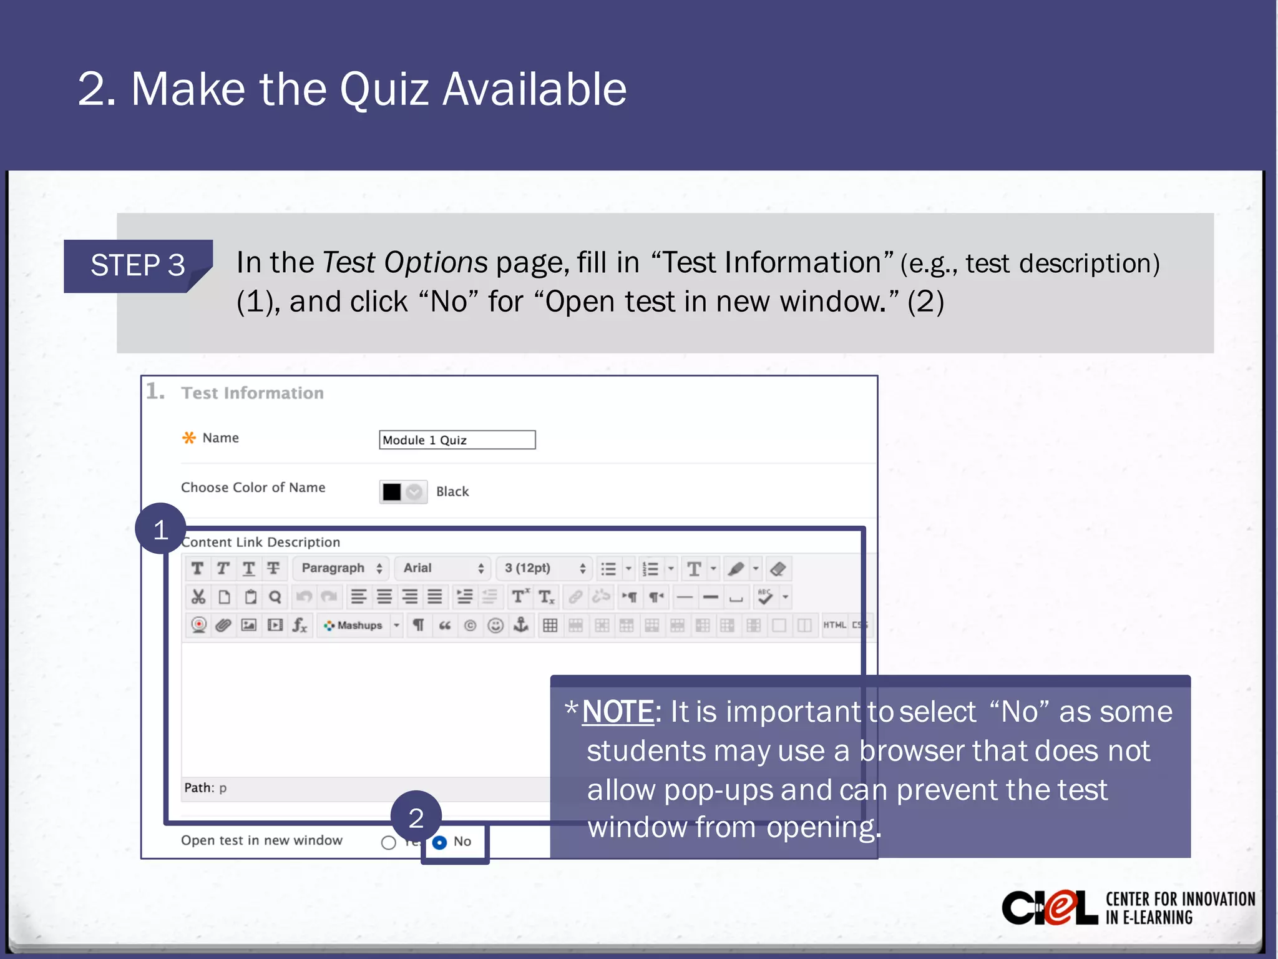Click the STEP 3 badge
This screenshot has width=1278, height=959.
tap(138, 265)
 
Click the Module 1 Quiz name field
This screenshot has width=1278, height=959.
tap(457, 440)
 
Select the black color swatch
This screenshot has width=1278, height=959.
tap(392, 492)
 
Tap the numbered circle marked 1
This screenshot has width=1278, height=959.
tap(160, 529)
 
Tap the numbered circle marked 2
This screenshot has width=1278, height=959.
tap(416, 817)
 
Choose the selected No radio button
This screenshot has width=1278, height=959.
tap(440, 842)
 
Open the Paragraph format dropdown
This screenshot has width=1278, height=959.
tap(341, 568)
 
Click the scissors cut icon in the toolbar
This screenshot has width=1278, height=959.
tap(198, 597)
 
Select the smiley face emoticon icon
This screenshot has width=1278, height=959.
tap(495, 625)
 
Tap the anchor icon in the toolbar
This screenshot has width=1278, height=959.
tap(521, 624)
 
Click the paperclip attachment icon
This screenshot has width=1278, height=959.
tap(223, 625)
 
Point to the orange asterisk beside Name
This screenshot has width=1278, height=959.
tap(188, 438)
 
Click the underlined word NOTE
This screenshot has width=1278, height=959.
tap(617, 712)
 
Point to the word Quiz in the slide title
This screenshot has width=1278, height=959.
tap(384, 89)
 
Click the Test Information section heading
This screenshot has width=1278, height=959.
tap(252, 393)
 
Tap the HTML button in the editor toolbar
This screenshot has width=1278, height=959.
tap(834, 625)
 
